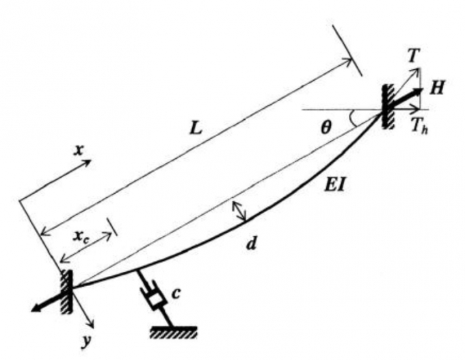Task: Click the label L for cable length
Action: pyautogui.click(x=196, y=128)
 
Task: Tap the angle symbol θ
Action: pyautogui.click(x=325, y=128)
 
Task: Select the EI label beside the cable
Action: pyautogui.click(x=335, y=185)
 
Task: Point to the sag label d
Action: pyautogui.click(x=251, y=244)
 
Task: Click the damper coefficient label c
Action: pyautogui.click(x=176, y=293)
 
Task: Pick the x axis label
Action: pyautogui.click(x=78, y=151)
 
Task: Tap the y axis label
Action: pyautogui.click(x=85, y=341)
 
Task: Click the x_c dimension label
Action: pyautogui.click(x=81, y=237)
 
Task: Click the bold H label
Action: pyautogui.click(x=437, y=88)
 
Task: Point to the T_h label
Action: pyautogui.click(x=420, y=126)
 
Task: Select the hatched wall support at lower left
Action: pyautogui.click(x=66, y=292)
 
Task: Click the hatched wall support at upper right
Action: pyautogui.click(x=388, y=106)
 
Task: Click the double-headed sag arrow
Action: pyautogui.click(x=239, y=211)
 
